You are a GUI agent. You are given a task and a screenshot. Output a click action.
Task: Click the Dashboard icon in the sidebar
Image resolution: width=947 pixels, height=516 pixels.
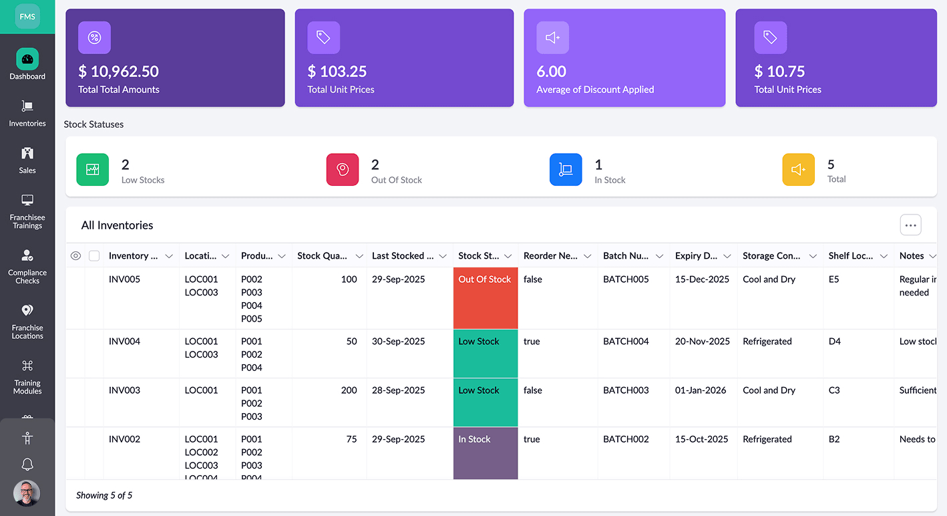click(x=27, y=59)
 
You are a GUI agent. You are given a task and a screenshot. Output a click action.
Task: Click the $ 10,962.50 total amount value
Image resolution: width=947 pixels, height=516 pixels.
click(x=118, y=72)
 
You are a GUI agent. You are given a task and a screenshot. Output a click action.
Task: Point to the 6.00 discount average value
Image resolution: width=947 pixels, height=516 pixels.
click(x=552, y=72)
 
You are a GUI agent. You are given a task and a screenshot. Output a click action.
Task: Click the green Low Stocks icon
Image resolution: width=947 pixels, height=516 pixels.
click(x=92, y=170)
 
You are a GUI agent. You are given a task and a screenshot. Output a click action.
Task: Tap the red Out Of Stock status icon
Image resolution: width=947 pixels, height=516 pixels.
click(x=343, y=170)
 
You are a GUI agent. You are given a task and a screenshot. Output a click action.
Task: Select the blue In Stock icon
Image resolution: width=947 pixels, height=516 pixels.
click(x=566, y=170)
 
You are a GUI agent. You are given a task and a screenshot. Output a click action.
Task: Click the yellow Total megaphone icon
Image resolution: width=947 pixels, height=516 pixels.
click(x=799, y=170)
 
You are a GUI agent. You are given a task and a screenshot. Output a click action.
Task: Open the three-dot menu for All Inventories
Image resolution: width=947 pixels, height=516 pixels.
click(x=910, y=225)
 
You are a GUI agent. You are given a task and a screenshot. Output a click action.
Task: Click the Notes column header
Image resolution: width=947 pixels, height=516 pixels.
click(x=912, y=256)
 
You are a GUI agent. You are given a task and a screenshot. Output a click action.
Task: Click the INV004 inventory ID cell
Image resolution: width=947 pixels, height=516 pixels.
click(x=124, y=342)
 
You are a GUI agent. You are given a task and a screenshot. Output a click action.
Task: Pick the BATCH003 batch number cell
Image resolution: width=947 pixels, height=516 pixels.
click(x=626, y=390)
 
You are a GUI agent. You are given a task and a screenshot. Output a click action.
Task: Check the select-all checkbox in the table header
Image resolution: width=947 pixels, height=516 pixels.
click(x=94, y=256)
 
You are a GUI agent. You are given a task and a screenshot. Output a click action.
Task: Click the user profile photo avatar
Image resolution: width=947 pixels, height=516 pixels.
click(x=27, y=493)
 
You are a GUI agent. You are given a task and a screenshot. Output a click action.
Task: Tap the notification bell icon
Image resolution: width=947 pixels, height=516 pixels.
click(x=27, y=465)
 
